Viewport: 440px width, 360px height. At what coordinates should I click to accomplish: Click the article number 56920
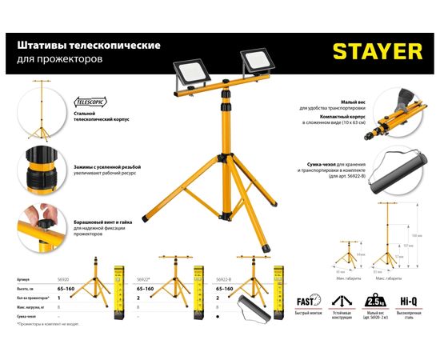[61, 280]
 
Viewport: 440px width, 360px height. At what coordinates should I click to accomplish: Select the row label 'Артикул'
[23, 280]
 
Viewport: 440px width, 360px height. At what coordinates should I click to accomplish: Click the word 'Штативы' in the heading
[38, 46]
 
